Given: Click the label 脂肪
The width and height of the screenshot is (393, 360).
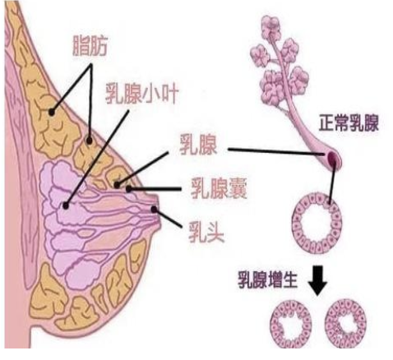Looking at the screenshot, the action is point(90,46).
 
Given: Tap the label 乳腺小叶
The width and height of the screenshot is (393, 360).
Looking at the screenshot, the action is point(142,94).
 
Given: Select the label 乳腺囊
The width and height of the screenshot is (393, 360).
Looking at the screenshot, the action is point(219,188).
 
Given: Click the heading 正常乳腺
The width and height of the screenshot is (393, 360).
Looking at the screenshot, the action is point(349,122).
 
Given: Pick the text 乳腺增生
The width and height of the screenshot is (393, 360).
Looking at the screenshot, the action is point(267,279).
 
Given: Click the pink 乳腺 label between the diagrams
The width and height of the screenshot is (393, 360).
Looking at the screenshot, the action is point(198,145).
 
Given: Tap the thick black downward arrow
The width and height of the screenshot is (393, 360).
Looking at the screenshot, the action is point(317,280).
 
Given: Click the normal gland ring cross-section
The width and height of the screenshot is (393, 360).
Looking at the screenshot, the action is point(298,222).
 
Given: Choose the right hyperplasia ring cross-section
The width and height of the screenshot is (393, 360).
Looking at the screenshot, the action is point(330,323).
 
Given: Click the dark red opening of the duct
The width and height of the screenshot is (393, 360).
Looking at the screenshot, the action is point(331,157).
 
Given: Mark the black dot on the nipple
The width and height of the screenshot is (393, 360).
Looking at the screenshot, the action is point(154,210).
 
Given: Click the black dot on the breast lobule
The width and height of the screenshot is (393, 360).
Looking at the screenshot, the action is point(65,205).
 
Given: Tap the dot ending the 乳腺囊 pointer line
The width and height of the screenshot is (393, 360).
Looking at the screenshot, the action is point(128,189).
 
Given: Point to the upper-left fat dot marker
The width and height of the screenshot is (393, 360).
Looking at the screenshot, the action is point(52,112).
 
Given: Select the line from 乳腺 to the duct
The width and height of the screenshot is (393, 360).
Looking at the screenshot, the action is point(277,152).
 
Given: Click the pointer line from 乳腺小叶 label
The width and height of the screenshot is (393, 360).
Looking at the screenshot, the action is point(97,158).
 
